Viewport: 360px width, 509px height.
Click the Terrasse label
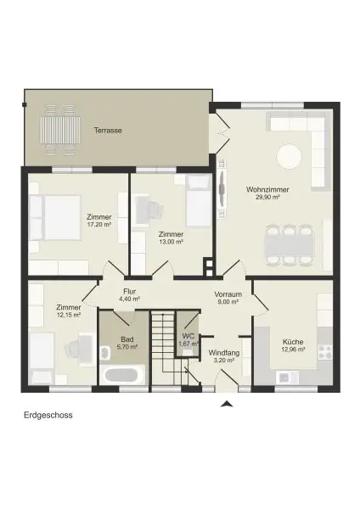coord(107,131)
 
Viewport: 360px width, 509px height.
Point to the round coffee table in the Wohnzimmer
coord(289,156)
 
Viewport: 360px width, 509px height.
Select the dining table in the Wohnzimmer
coord(287,243)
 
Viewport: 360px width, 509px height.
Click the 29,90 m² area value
coord(262,197)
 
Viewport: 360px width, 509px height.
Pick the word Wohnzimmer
coord(262,188)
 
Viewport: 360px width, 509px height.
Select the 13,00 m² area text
coord(171,242)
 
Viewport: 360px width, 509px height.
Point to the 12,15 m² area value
coord(68,315)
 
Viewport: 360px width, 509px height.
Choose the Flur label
coord(129,290)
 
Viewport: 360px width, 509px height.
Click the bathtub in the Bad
coord(119,373)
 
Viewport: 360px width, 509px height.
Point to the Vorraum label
coord(228,294)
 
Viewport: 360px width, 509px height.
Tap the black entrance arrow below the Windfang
coord(225,405)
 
